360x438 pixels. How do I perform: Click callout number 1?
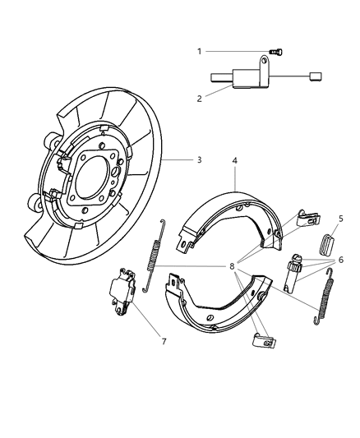click(198, 51)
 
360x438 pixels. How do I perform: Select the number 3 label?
click(199, 160)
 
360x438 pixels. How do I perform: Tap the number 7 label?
click(164, 340)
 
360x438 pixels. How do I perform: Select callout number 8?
click(233, 266)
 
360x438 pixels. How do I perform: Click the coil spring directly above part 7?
click(153, 255)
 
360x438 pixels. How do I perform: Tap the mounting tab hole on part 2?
click(266, 60)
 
